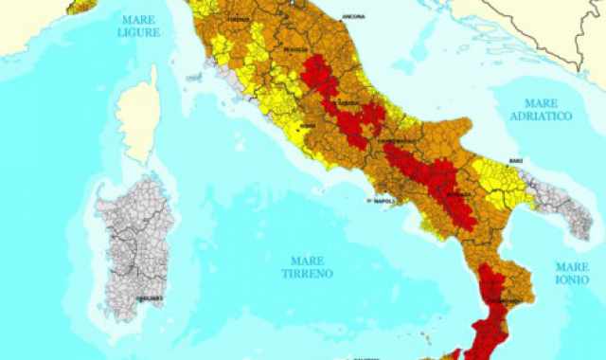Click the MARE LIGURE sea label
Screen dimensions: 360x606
pos(140,26)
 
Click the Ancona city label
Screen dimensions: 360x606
pos(354,17)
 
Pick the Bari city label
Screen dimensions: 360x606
pos(515,162)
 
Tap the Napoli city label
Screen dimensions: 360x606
pos(383,202)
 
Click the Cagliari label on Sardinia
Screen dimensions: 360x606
pos(145,297)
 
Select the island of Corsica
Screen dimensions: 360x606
pos(139,118)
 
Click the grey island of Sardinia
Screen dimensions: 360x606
pos(137,237)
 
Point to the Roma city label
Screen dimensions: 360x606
pos(307,126)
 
